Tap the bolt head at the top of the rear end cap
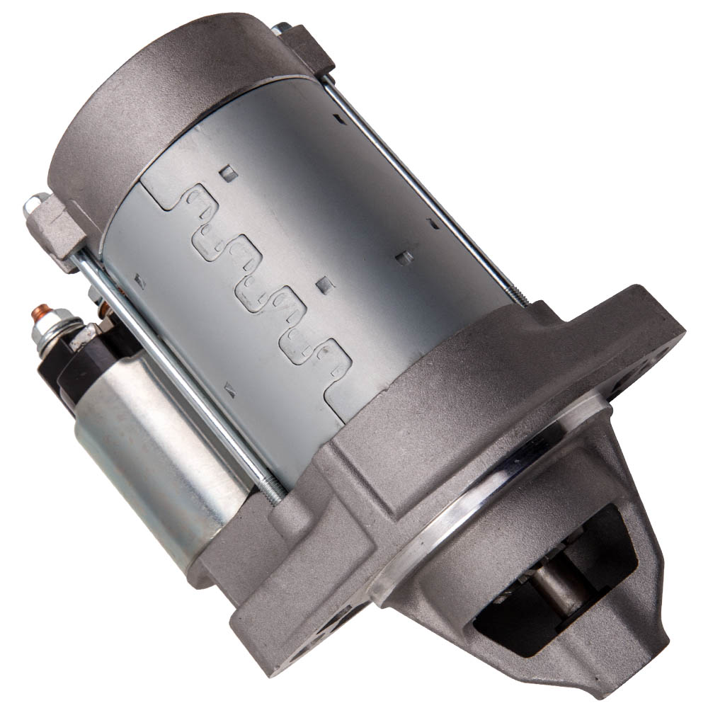point(281,29)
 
